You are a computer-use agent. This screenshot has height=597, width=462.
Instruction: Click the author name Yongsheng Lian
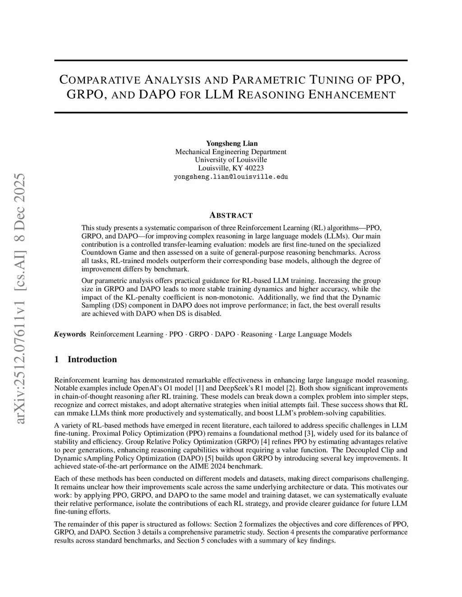(231, 144)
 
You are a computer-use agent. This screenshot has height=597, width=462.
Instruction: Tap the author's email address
(231, 177)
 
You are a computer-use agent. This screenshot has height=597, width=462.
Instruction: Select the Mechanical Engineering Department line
(231, 152)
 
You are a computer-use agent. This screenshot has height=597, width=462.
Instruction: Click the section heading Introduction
(92, 359)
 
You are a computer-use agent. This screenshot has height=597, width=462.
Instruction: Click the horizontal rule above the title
(231, 60)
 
